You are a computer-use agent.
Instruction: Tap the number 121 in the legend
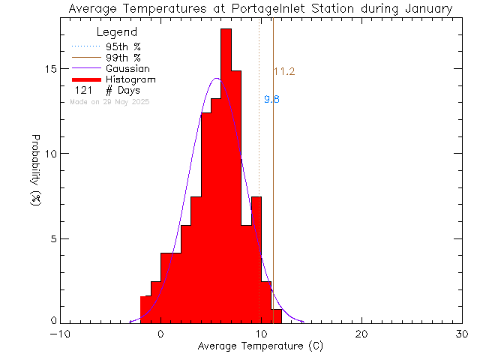(82, 90)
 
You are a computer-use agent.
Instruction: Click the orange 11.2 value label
(283, 72)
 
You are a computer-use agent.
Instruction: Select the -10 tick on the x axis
(60, 334)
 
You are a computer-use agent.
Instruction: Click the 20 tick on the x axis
(361, 334)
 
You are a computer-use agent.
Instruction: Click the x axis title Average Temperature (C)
(261, 346)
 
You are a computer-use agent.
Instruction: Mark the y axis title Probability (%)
(35, 177)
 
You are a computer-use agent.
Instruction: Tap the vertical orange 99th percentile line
(273, 187)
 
